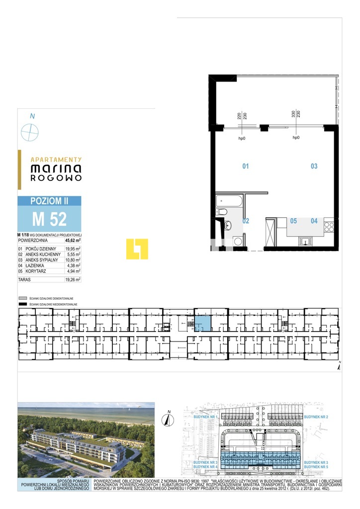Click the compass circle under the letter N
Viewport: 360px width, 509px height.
point(30,133)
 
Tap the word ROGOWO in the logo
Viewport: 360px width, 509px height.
point(56,177)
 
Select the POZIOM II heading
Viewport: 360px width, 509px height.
point(49,200)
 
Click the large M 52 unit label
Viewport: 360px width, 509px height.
point(49,218)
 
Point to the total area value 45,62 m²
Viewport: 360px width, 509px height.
point(72,240)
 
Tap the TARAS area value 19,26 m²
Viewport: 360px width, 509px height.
point(73,280)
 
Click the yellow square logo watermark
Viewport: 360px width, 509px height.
point(137,249)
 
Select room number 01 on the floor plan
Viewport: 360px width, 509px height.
point(245,167)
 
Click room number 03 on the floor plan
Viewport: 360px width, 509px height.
point(314,167)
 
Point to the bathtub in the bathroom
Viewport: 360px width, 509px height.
point(229,202)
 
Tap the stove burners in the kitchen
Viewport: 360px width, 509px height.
point(329,227)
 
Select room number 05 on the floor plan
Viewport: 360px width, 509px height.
point(293,221)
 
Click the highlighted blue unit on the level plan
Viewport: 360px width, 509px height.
point(202,324)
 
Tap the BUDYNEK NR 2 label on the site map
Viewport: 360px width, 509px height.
point(316,415)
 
